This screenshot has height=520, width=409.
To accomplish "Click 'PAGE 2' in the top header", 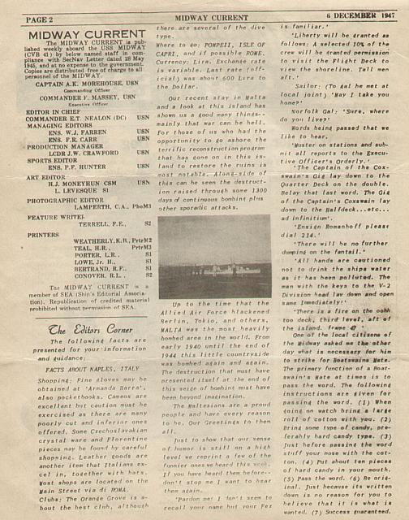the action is (x=27, y=17).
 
